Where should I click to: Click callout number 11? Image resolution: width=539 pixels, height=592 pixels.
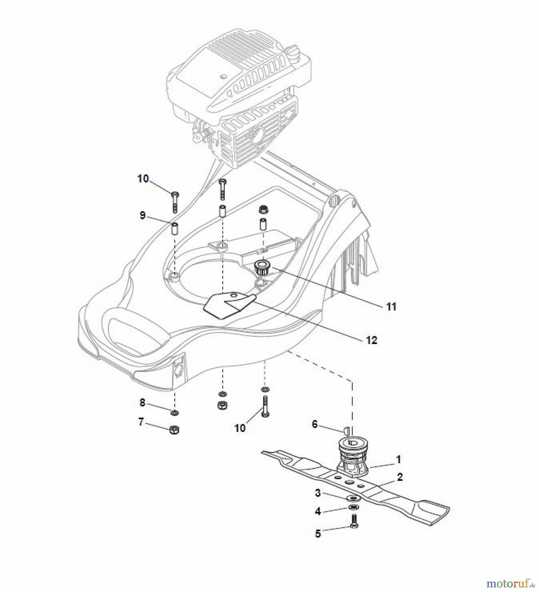(391, 307)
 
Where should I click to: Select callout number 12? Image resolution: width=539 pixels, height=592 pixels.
(372, 340)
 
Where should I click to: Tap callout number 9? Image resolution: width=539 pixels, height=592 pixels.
(142, 216)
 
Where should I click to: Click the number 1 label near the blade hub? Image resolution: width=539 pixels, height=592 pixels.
(398, 459)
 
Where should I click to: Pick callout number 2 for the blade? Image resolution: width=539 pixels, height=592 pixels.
(400, 477)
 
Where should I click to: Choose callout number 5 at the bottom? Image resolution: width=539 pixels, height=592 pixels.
(318, 533)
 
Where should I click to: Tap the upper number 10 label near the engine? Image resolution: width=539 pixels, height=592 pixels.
(143, 179)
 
